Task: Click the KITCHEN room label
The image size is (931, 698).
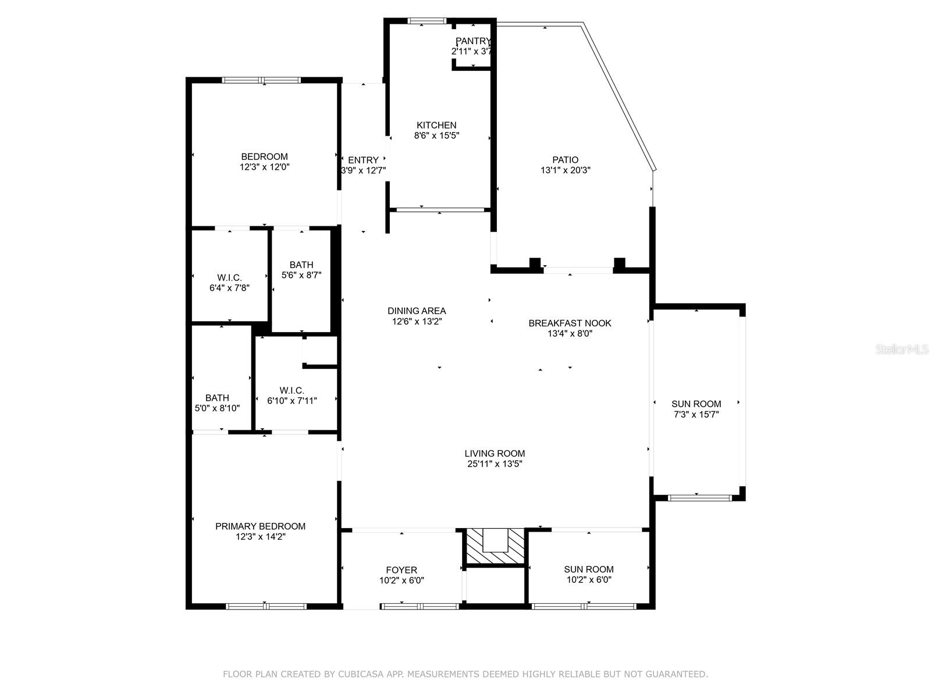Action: (x=436, y=125)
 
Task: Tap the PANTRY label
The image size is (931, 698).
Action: (x=473, y=41)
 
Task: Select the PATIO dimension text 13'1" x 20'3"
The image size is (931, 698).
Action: (x=566, y=170)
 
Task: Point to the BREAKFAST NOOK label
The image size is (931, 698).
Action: (x=570, y=323)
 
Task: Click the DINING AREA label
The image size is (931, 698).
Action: (x=417, y=311)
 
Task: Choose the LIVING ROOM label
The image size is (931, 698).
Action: (x=495, y=454)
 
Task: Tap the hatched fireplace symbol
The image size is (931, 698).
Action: (x=495, y=546)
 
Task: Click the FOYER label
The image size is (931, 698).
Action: (x=401, y=570)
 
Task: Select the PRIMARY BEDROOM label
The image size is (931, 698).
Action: (x=261, y=526)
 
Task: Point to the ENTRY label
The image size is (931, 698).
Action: (x=363, y=160)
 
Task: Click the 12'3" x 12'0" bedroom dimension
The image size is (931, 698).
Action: (x=264, y=167)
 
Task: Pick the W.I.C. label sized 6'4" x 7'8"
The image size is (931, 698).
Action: (x=229, y=278)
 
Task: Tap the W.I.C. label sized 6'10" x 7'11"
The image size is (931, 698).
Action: (x=292, y=391)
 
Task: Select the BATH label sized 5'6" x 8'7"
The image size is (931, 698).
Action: (x=301, y=265)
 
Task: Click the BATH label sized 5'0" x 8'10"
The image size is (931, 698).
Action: (x=217, y=398)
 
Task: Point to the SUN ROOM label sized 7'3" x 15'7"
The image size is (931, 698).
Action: (x=696, y=404)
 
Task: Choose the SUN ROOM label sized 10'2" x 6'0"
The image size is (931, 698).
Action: (x=589, y=569)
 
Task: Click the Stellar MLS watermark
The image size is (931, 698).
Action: (x=902, y=349)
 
